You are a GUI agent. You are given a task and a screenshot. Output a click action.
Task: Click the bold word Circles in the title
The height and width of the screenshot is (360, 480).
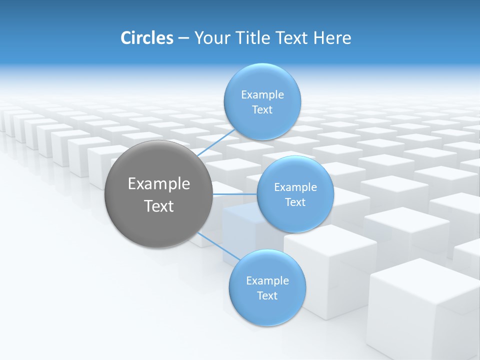point(146,38)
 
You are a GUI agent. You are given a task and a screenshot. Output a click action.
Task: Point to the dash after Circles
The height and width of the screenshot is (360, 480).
point(183,38)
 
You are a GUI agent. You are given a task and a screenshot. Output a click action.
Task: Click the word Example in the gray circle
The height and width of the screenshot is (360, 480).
point(159,184)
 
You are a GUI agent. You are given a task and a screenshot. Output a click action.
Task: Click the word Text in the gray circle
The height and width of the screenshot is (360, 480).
point(159,206)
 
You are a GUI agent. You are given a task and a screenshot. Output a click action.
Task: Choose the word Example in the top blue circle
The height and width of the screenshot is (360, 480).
point(262,95)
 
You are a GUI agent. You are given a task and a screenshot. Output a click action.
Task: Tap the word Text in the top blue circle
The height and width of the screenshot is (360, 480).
point(262,110)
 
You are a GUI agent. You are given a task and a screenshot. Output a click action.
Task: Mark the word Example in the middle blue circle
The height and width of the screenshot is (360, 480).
point(295,187)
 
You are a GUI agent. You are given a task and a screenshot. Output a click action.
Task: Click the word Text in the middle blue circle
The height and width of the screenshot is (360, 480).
point(295,202)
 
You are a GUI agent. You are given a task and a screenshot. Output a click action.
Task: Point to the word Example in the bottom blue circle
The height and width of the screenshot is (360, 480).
point(267,281)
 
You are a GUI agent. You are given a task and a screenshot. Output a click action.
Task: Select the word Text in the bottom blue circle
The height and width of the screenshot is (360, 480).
point(267,296)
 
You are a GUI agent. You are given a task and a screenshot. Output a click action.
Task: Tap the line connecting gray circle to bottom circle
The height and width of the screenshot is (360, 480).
point(219,246)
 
